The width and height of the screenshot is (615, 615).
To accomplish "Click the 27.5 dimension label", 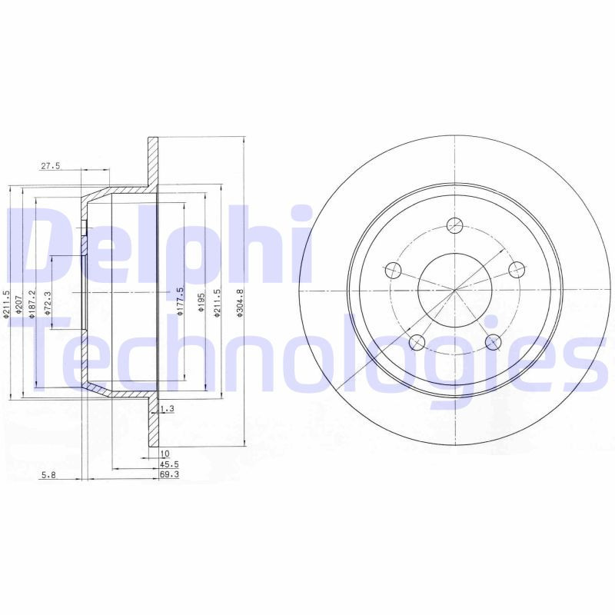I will coord(50,166).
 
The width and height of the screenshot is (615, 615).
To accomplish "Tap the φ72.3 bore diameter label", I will coord(47,303).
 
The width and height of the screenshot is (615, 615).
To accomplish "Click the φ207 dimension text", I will coord(18,301).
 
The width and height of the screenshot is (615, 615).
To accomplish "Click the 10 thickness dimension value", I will coord(164,454).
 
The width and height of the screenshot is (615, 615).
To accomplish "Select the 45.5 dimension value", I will coord(169,465).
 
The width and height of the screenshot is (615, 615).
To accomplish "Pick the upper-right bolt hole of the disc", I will coord(517,269).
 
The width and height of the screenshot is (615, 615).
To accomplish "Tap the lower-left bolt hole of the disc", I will coord(417,342).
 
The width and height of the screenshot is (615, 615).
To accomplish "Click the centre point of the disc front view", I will coord(455,291).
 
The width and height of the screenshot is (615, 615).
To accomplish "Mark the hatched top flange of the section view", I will coord(152,161).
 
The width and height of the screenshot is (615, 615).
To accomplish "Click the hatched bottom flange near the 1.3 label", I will coord(152,423).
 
